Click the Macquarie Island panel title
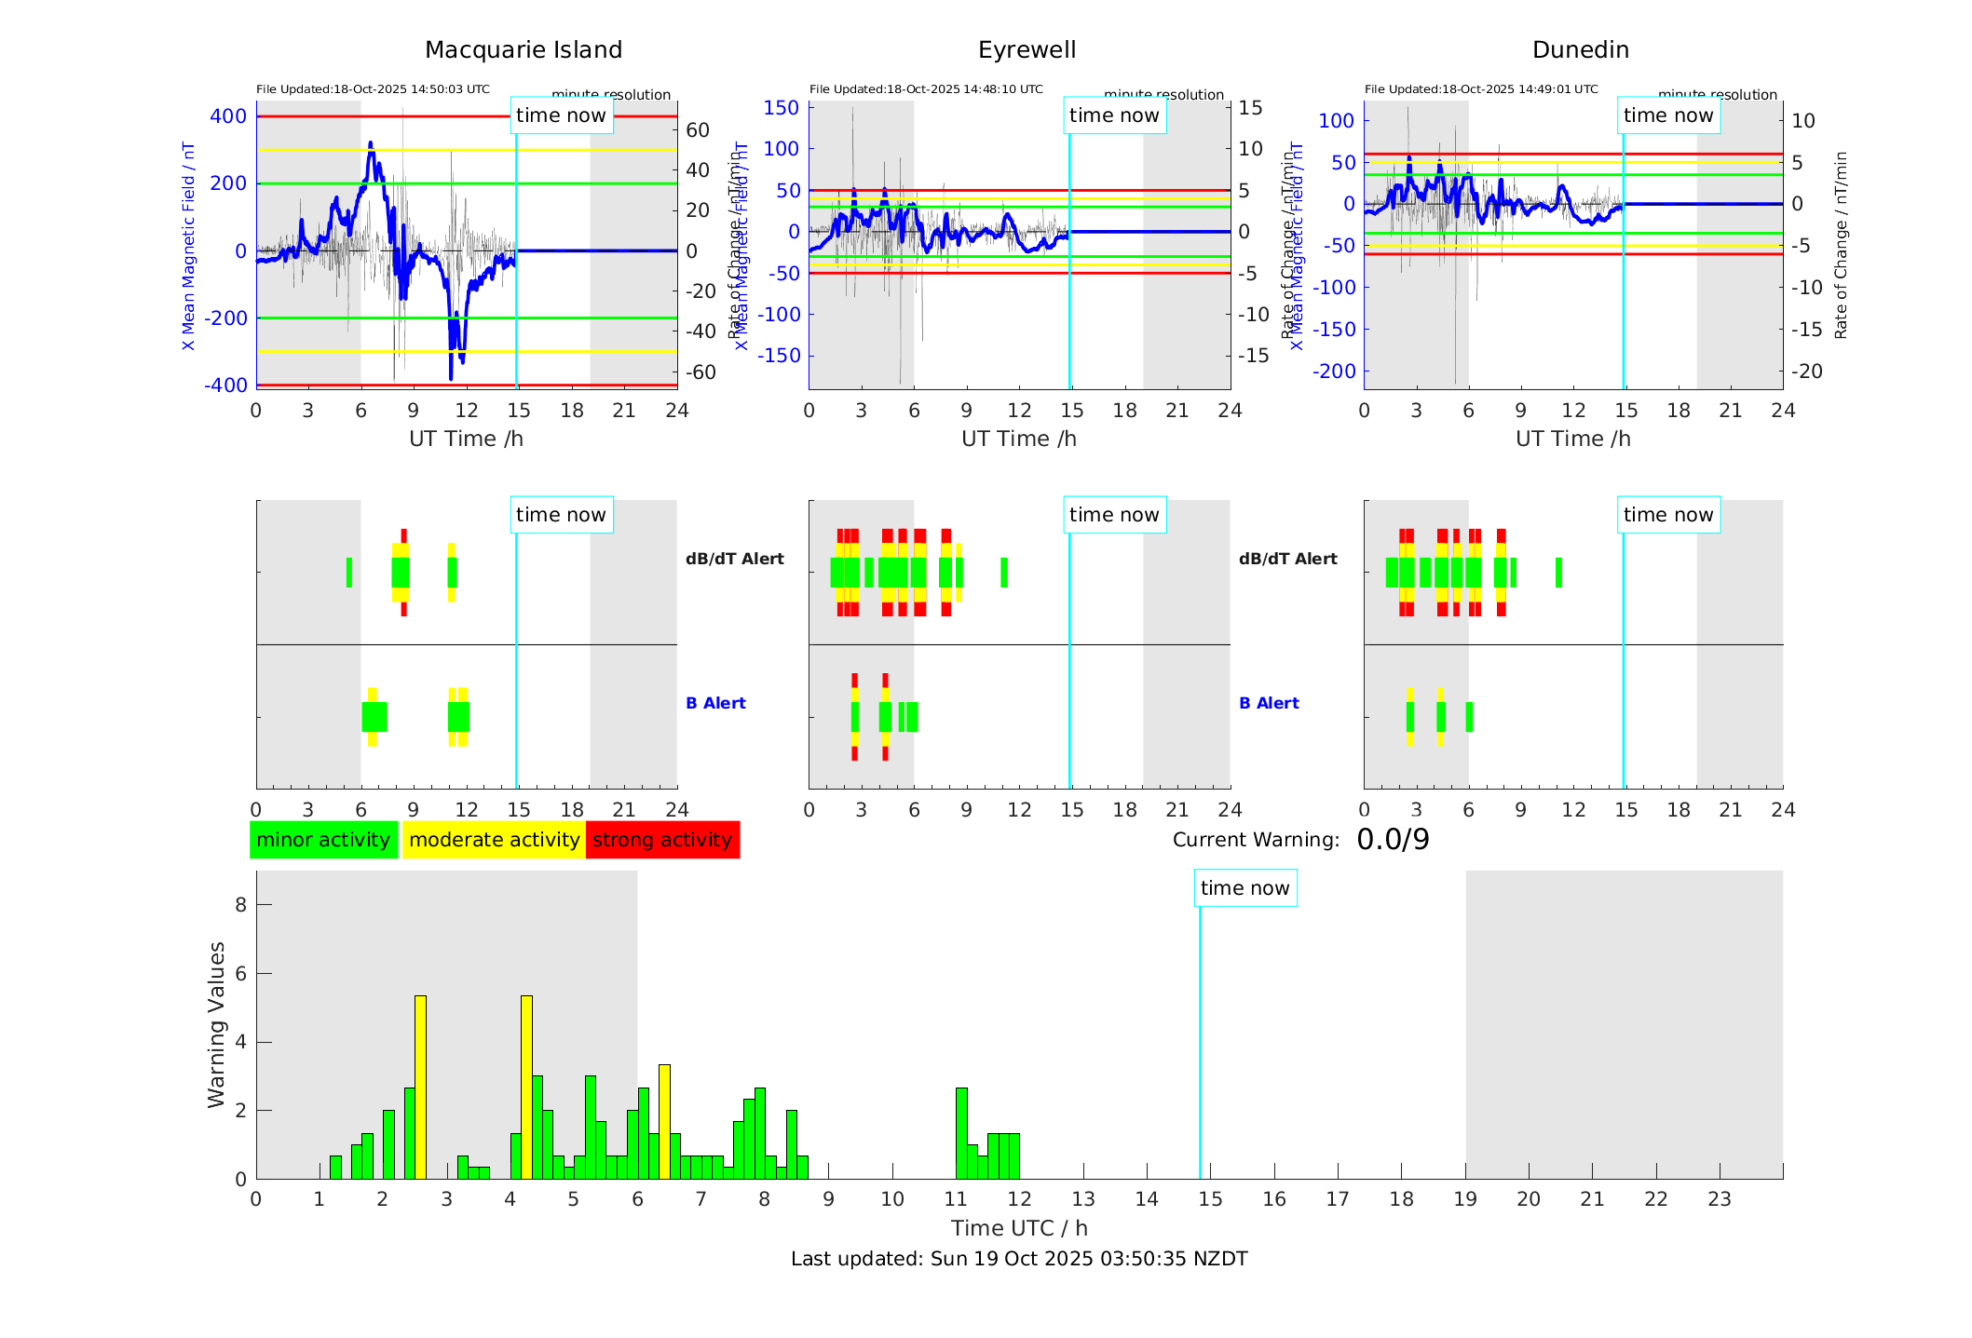click(523, 49)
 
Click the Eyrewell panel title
click(1027, 49)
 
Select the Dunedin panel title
click(1580, 49)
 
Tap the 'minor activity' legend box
click(323, 840)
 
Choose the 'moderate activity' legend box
click(494, 840)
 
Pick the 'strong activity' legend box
click(662, 840)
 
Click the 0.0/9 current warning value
click(1393, 840)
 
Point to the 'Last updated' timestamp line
click(1019, 1259)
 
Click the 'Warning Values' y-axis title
click(216, 1024)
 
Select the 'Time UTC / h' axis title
click(1019, 1228)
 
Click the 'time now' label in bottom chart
click(1244, 888)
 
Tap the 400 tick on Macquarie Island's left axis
click(228, 116)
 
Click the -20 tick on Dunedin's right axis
click(1807, 371)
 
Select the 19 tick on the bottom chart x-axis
click(1465, 1199)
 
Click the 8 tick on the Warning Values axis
click(240, 905)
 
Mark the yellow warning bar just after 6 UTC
click(664, 1121)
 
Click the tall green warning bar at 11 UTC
click(961, 1132)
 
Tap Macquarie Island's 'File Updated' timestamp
click(373, 89)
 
